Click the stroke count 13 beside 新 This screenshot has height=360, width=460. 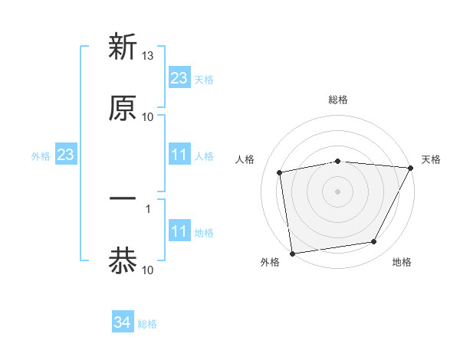click(x=149, y=57)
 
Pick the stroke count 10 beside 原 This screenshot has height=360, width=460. click(x=148, y=117)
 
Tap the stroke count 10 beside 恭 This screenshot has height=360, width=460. click(x=148, y=270)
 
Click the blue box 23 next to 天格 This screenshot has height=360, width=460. click(x=179, y=78)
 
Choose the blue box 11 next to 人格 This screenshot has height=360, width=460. click(x=179, y=155)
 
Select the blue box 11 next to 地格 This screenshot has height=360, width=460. click(x=179, y=231)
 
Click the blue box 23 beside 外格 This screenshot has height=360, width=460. click(x=66, y=155)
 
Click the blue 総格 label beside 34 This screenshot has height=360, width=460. click(x=147, y=324)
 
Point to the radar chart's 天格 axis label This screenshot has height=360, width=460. click(x=431, y=159)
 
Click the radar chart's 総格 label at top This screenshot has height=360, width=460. click(x=338, y=100)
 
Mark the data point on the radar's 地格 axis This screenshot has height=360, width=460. click(x=374, y=242)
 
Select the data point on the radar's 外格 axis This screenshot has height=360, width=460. click(x=292, y=253)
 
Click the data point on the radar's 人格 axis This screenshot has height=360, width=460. click(x=281, y=172)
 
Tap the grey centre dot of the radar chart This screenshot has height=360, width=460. click(x=338, y=191)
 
